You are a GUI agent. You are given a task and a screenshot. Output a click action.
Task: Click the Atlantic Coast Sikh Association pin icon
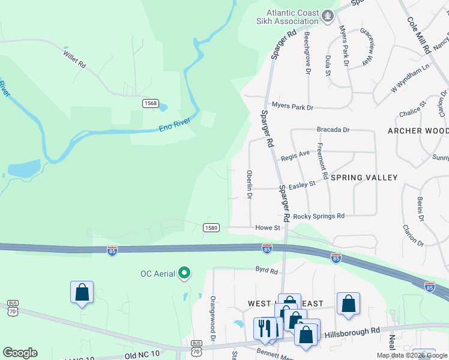coord(328,16)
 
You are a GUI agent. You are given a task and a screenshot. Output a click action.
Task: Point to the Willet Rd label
coord(74,59)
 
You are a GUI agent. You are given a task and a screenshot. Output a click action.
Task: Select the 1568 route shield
coord(150,104)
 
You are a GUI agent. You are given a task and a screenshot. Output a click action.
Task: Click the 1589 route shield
coord(211,227)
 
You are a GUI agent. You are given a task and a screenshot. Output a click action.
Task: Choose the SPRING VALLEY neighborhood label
coord(364,178)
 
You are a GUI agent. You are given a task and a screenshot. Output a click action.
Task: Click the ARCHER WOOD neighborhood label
coord(418,131)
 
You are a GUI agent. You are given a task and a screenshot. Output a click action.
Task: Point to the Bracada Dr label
coord(333,130)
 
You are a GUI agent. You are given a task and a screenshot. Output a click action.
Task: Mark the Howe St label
coord(268,228)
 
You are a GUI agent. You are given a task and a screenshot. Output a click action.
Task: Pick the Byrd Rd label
coord(267,271)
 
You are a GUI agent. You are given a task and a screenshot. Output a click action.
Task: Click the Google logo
coord(20,353)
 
